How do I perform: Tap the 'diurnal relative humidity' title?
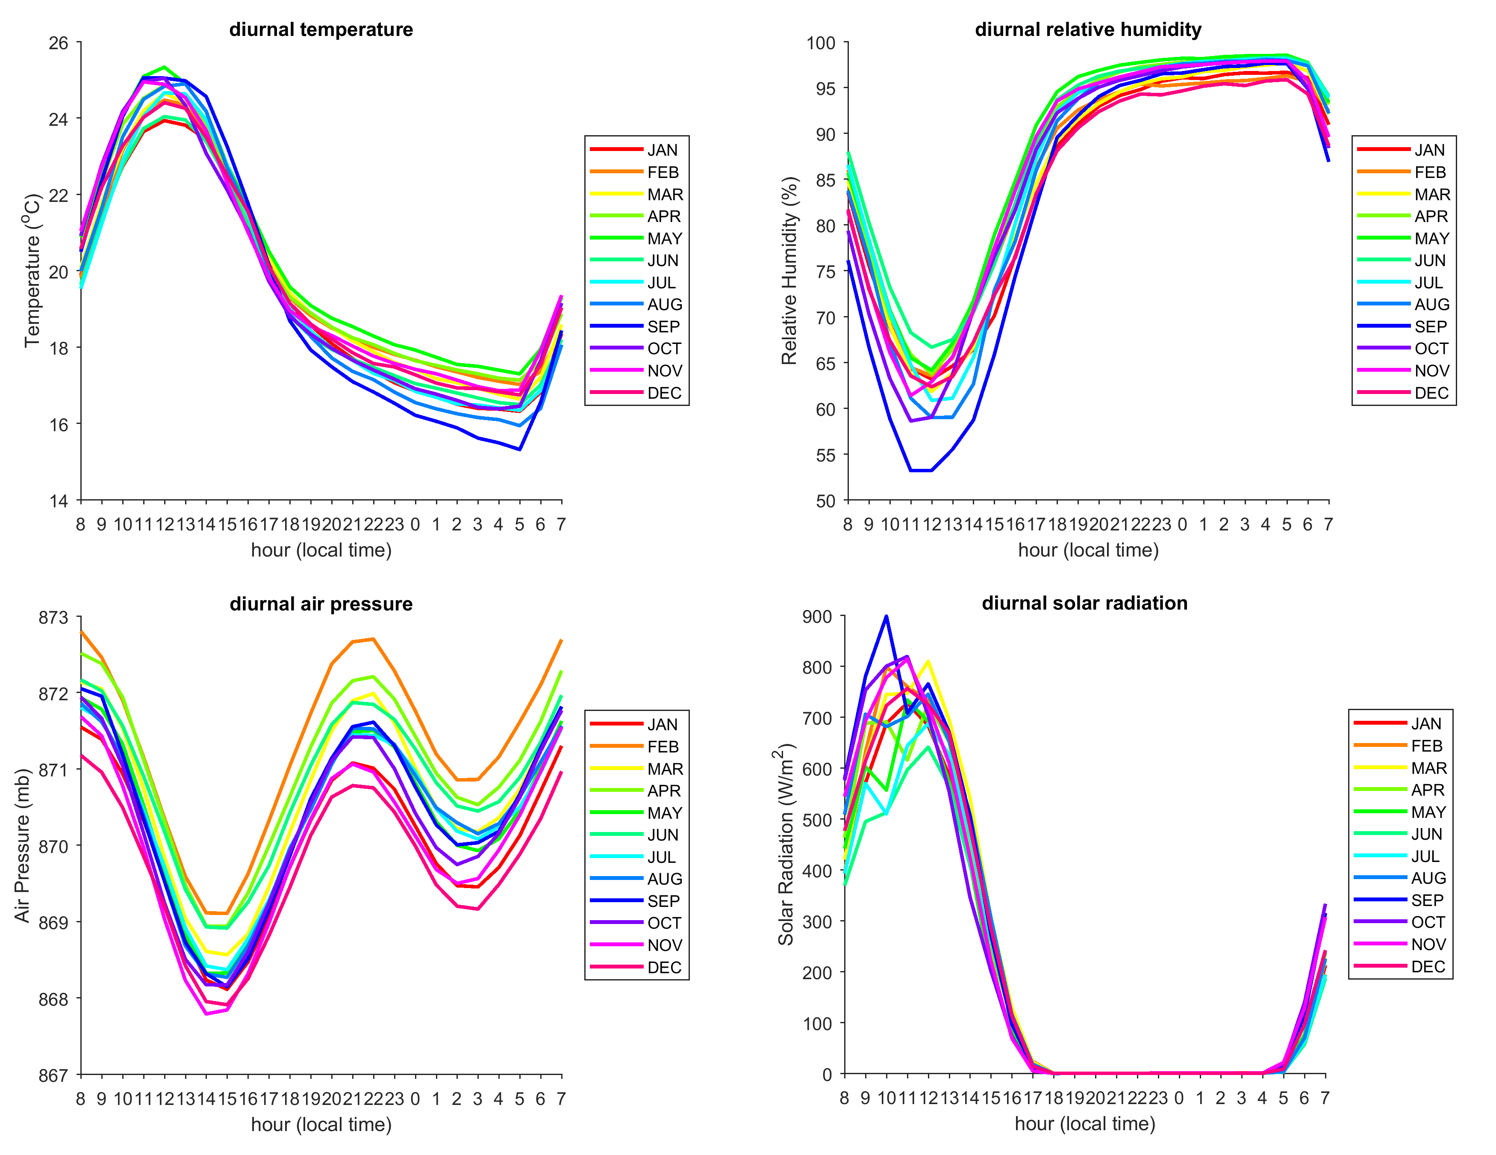pos(1088,30)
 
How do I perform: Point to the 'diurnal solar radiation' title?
pos(1084,603)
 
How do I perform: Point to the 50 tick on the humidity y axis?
pos(825,501)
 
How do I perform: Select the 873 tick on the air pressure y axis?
pos(53,618)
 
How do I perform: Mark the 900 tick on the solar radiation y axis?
pos(817,617)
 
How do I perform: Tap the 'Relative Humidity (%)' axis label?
pos(790,271)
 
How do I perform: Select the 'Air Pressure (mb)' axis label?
pos(23,846)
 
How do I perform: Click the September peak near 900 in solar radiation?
pos(886,616)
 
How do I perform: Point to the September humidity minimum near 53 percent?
pos(921,470)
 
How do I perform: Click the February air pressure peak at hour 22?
pos(373,639)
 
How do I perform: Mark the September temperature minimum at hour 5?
pos(520,450)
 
